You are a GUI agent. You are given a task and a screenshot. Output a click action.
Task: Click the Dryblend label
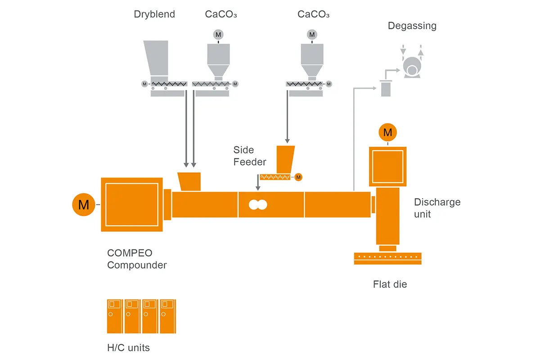154,14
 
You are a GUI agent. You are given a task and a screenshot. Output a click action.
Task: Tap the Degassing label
412,26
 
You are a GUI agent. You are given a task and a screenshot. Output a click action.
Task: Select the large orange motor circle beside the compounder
84,205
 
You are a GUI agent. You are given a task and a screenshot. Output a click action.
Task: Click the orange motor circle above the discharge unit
387,132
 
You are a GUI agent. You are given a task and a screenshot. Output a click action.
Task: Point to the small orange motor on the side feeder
298,177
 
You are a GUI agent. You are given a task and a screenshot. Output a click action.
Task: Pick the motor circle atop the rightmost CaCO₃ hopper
312,34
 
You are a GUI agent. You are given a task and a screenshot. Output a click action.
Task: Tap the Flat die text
390,284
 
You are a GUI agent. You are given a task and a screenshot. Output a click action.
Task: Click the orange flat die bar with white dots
387,258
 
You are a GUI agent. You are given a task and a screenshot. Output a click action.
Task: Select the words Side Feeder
250,156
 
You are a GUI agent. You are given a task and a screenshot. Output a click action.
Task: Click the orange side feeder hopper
285,158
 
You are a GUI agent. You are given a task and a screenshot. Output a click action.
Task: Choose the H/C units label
128,347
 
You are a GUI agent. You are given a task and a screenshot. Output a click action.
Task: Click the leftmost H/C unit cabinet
115,316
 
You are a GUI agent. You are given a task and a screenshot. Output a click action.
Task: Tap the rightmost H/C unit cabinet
168,316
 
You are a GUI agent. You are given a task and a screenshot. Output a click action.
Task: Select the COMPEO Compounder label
137,259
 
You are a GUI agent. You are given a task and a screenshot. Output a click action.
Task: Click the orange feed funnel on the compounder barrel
189,181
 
